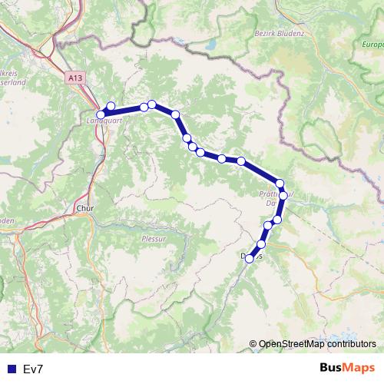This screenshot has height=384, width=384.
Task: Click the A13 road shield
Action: point(74,78)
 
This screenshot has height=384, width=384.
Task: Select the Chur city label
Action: point(84,207)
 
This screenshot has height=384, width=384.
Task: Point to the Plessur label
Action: point(154,239)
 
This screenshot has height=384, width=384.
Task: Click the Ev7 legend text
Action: point(33,369)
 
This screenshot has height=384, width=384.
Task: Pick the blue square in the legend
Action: point(11,369)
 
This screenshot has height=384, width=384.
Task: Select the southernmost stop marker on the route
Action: point(250,259)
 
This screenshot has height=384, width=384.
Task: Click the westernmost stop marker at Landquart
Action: point(101,114)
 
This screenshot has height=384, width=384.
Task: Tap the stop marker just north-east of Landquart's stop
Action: point(111,107)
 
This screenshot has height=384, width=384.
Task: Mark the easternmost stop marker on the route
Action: point(283,196)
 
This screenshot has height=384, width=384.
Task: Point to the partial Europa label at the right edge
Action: point(372,45)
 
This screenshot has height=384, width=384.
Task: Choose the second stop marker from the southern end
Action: point(261,244)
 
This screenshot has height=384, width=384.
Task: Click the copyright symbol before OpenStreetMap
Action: point(253,344)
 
